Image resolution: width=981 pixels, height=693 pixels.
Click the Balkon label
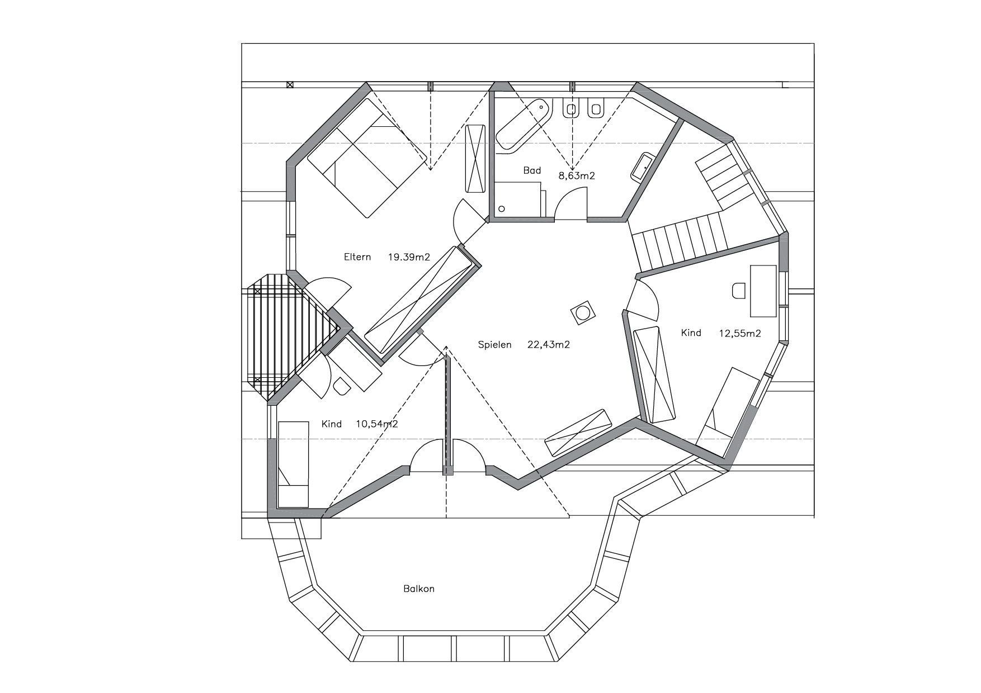[x=418, y=589]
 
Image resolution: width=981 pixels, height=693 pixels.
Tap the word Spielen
[x=494, y=345]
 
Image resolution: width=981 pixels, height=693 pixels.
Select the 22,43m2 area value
[x=548, y=345]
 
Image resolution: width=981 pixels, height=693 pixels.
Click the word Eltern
[x=357, y=257]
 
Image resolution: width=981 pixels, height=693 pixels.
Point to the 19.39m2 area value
[x=409, y=257]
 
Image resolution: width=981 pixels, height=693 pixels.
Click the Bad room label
[x=532, y=170]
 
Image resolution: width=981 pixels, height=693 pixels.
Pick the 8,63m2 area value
[x=577, y=175]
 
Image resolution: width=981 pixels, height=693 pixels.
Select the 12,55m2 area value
[x=740, y=334]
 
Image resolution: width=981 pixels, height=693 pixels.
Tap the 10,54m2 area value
[x=377, y=424]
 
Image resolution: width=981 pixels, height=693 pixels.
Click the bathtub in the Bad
[x=523, y=125]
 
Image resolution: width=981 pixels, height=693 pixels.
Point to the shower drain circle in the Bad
[x=502, y=208]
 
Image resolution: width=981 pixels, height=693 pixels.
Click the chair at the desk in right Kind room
[x=739, y=291]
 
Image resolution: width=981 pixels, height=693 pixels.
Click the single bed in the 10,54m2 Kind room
[x=293, y=464]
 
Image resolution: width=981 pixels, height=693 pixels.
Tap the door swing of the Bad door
[x=572, y=202]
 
